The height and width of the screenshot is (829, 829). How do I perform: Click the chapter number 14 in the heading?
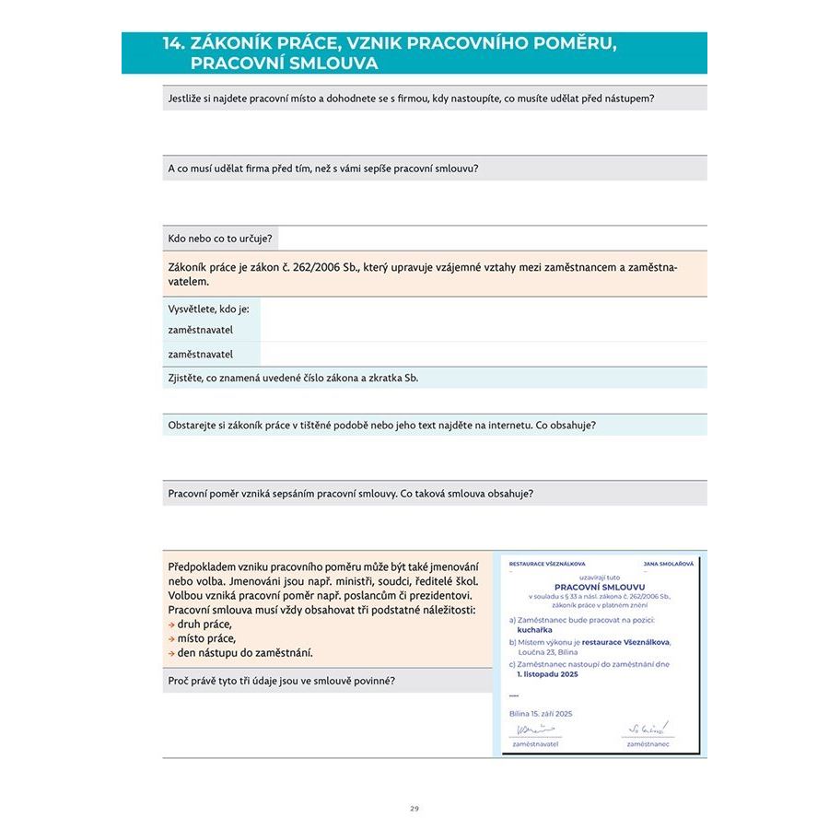point(173,43)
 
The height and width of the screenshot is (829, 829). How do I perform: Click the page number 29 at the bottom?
point(414,808)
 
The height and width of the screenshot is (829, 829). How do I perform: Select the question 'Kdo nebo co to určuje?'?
point(220,239)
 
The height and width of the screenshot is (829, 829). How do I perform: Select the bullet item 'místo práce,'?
point(205,638)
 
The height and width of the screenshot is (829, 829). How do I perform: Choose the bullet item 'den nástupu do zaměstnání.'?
point(244,653)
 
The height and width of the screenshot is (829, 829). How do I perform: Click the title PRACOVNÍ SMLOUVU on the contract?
point(600,586)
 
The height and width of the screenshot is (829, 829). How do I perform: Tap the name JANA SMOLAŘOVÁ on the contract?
point(668,563)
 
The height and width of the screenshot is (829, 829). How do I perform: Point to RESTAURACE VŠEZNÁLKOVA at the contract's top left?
point(547,563)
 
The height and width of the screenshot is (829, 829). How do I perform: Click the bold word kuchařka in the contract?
point(536,630)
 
